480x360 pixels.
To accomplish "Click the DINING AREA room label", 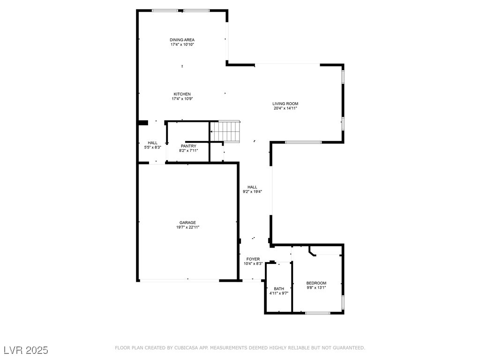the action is click(x=182, y=40).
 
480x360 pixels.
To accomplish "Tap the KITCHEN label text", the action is click(x=182, y=94).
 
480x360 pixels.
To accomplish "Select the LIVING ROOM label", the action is click(x=285, y=104).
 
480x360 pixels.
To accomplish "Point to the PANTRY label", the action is click(x=188, y=146).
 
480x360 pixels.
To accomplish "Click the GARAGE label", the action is click(x=187, y=223).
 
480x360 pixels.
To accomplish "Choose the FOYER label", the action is click(x=253, y=259).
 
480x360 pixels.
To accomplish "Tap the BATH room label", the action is click(x=279, y=289).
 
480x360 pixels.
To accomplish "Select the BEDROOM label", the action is click(x=316, y=283).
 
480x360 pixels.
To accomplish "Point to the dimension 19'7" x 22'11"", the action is click(x=187, y=227).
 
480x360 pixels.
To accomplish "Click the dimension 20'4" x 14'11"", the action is click(x=285, y=108).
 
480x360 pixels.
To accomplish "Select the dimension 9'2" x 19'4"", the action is click(x=253, y=192).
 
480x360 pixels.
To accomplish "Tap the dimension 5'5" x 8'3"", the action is click(x=153, y=147).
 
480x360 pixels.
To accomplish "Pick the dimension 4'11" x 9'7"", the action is click(x=279, y=293).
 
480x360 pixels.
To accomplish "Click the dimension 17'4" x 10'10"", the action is click(x=182, y=45).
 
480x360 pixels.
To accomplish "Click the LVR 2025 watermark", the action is click(x=26, y=350).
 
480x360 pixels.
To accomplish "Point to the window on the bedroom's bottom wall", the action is click(x=318, y=313).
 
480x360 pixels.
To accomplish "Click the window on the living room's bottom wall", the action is click(x=303, y=142).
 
